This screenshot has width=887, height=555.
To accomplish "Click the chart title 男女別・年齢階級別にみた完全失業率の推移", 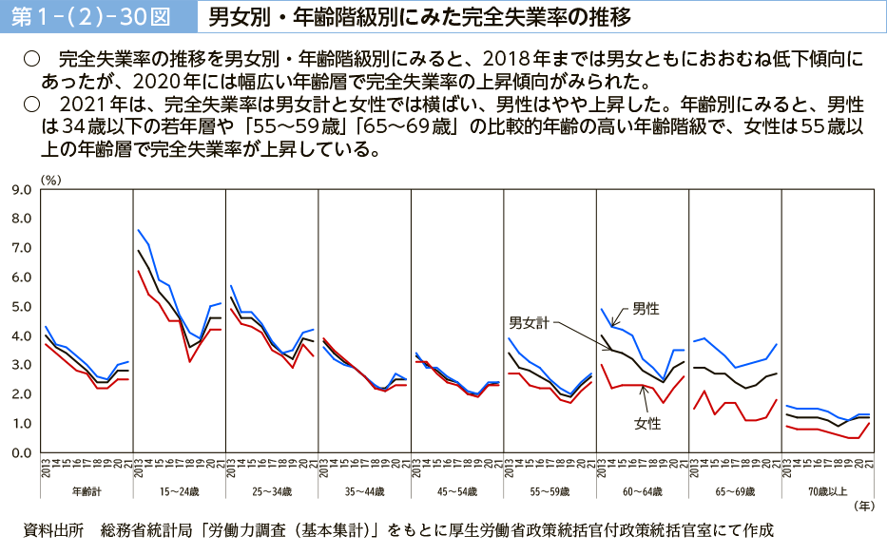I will (x=417, y=16).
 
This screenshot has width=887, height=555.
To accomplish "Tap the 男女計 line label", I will (x=529, y=322).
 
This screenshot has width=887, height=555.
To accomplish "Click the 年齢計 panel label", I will (x=87, y=492).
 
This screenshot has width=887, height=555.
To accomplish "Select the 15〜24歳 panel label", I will (x=179, y=492).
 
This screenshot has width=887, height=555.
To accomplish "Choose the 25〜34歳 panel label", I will (x=271, y=492).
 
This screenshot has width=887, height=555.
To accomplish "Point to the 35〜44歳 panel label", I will (x=364, y=492).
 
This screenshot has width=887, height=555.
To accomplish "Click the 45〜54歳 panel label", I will (x=456, y=492).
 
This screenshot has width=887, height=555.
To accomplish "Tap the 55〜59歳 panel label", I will (x=550, y=492).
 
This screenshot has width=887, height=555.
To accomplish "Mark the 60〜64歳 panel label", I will (x=642, y=492).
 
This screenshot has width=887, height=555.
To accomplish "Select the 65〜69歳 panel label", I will (x=734, y=492).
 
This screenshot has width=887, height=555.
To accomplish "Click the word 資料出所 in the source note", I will (x=53, y=530).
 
